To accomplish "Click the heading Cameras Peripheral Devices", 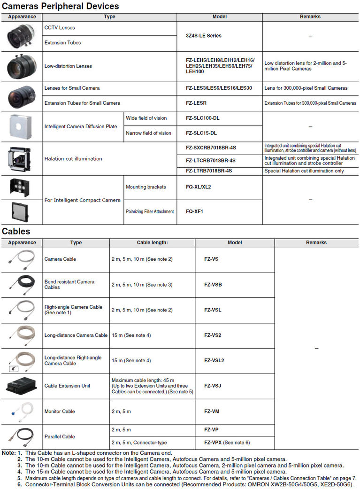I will tap(61, 6).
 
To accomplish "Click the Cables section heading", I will tap(16, 231).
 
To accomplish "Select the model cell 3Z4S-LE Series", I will tap(204, 36).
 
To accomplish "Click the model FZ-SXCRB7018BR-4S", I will tap(211, 148).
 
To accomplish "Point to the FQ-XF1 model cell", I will tap(195, 211).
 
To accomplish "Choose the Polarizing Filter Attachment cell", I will tap(150, 211).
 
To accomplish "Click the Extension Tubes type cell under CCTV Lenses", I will tap(62, 43).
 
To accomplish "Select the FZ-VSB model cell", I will tap(213, 284).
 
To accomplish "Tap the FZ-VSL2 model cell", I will tap(214, 360).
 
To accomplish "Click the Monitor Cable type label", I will tap(60, 412).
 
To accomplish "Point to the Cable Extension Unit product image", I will tap(22, 386).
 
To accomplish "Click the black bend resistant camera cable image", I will tap(22, 284).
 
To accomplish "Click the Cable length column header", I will tap(152, 242).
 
